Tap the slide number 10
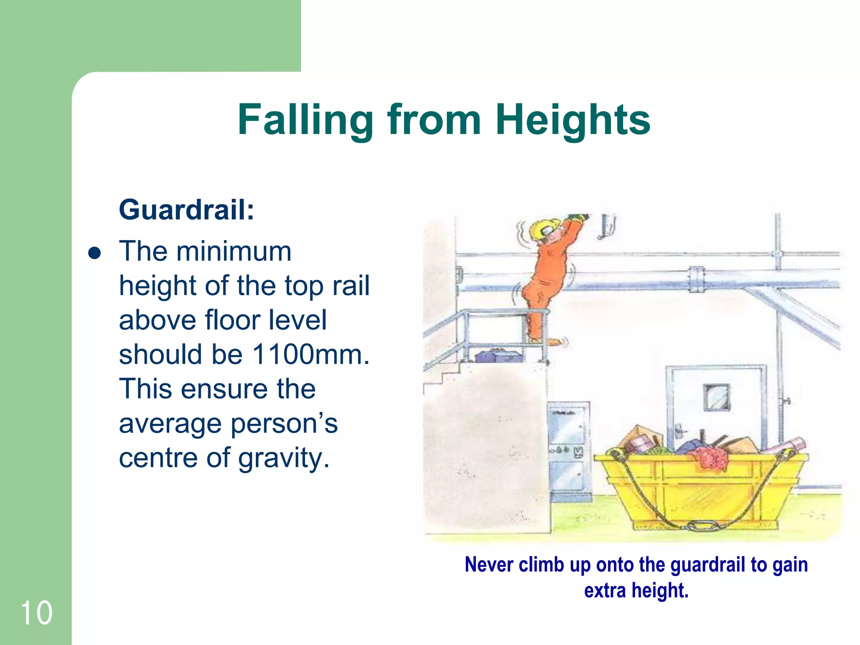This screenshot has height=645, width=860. point(36,613)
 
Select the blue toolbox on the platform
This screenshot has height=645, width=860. point(499,356)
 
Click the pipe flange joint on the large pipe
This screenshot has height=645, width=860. point(696,279)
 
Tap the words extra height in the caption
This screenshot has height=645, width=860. point(636,590)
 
